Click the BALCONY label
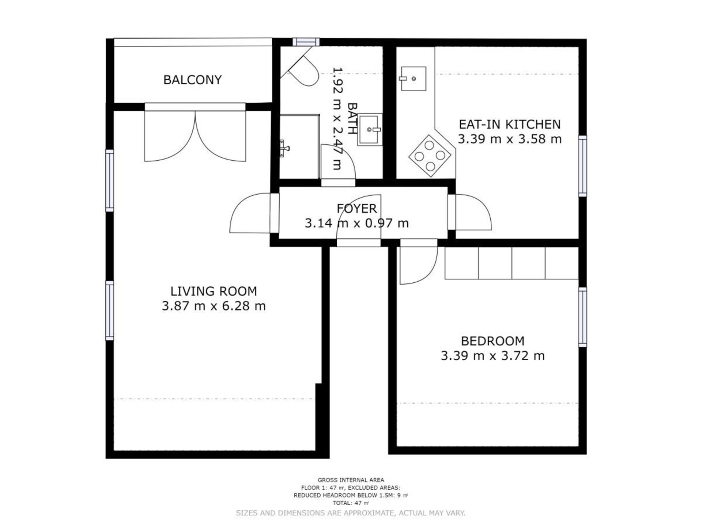(192, 80)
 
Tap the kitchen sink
(413, 79)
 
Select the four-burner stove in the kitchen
(430, 156)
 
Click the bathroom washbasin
(370, 130)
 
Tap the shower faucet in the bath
(284, 148)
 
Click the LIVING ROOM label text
(214, 291)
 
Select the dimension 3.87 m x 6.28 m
(214, 306)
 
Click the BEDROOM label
(492, 341)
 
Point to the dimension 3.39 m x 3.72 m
(492, 355)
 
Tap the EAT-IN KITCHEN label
(510, 124)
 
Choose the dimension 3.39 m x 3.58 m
(510, 139)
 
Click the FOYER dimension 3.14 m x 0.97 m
(357, 223)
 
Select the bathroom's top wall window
(306, 42)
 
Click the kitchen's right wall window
(582, 166)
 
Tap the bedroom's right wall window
(582, 317)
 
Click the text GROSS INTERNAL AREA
(351, 480)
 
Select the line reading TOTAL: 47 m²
(351, 503)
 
